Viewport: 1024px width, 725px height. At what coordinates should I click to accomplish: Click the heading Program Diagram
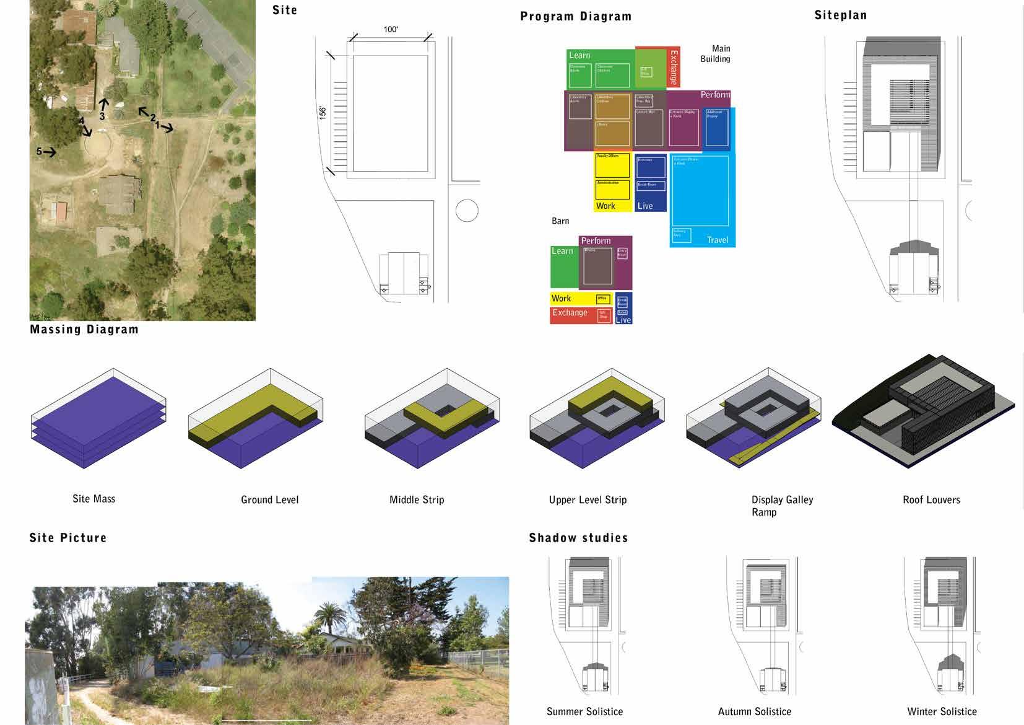575,17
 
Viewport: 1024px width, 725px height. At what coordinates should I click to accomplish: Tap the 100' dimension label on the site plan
391,29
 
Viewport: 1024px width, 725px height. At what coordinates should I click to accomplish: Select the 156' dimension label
323,113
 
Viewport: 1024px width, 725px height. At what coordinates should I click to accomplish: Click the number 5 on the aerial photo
40,151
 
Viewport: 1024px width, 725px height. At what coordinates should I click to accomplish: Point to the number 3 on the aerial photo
102,116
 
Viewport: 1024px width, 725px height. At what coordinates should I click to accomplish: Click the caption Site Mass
93,499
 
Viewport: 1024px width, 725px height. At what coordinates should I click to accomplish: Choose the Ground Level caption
269,499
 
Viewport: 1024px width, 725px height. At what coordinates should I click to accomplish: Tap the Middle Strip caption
417,499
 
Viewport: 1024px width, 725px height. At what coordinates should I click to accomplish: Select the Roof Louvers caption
931,499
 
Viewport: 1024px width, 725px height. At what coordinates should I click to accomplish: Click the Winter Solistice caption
942,711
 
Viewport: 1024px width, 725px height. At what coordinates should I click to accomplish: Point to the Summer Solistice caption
584,711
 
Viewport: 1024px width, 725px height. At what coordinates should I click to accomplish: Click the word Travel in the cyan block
718,240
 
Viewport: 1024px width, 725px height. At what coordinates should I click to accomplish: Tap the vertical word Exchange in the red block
674,67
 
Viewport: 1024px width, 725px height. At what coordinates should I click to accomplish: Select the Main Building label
716,54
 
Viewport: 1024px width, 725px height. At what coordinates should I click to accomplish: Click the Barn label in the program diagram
560,221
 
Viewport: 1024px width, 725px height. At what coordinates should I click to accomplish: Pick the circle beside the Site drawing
467,211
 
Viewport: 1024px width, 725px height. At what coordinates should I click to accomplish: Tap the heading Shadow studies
578,538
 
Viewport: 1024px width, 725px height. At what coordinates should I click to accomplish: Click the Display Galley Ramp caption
782,506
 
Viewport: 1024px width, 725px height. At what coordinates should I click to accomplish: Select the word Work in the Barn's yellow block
562,298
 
